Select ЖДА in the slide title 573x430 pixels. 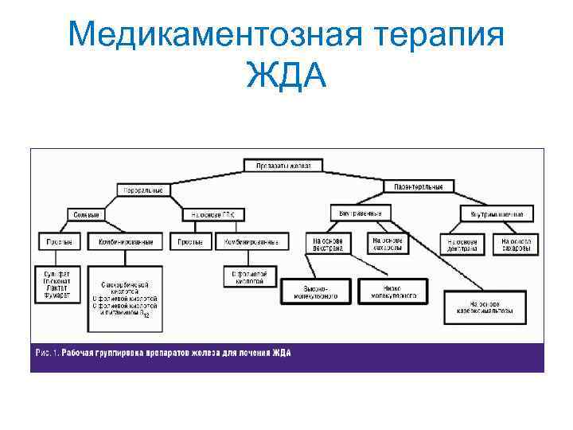(x=286, y=78)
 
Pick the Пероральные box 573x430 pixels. (x=143, y=190)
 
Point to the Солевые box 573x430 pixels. (x=86, y=215)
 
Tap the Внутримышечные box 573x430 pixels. (x=497, y=214)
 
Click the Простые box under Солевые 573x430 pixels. (x=57, y=240)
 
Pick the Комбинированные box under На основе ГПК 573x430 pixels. (x=251, y=240)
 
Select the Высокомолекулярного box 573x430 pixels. (x=316, y=291)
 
